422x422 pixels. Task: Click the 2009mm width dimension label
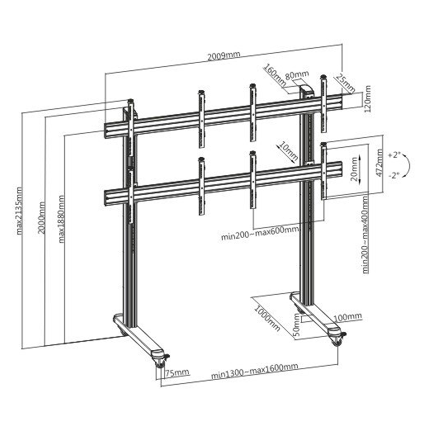pyautogui.click(x=224, y=55)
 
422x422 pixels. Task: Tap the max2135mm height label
pyautogui.click(x=19, y=210)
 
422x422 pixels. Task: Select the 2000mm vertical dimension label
pyautogui.click(x=41, y=217)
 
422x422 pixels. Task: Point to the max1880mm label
pyautogui.click(x=62, y=219)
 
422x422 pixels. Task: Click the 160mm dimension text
pyautogui.click(x=275, y=75)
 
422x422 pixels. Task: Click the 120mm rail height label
pyautogui.click(x=367, y=99)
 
